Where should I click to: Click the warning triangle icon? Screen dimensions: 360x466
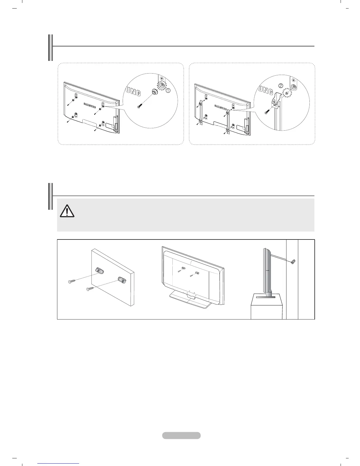67,210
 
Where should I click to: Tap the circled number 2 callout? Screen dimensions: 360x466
281,86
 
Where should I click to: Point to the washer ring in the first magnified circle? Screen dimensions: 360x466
154,92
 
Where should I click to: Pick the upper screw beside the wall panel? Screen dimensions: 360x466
71,282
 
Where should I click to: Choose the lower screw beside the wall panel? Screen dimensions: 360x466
90,289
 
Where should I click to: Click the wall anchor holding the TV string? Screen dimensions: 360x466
292,262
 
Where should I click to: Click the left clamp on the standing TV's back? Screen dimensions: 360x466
183,268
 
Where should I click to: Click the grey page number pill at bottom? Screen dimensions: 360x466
181,435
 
